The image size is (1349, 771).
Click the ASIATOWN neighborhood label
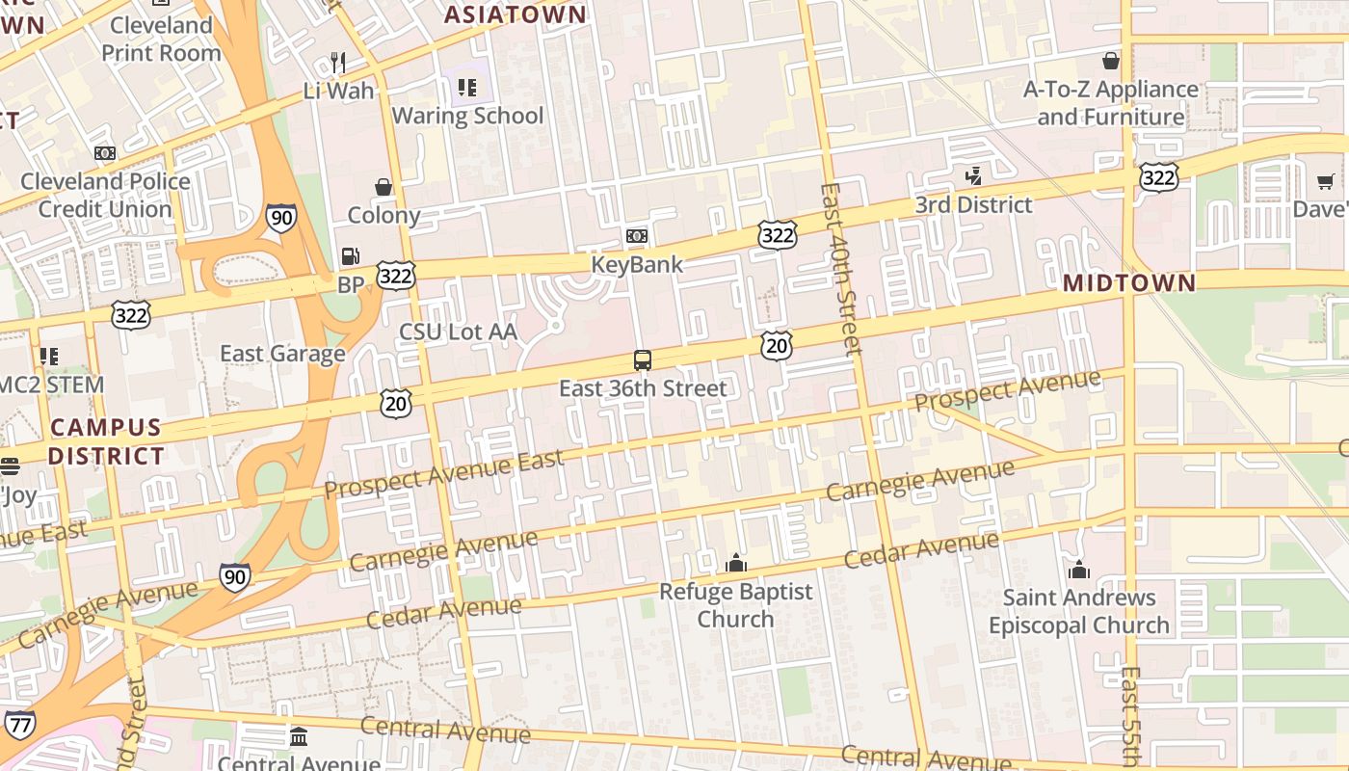pos(515,14)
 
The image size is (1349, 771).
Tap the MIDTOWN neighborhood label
pos(1129,283)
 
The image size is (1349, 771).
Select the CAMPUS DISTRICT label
pos(106,441)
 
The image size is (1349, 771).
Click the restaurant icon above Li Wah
pos(338,63)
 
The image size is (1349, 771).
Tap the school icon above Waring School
pos(467,88)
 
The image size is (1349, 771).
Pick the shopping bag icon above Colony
pos(384,187)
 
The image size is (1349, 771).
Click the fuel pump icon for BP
pos(351,256)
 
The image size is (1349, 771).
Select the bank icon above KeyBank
pos(636,236)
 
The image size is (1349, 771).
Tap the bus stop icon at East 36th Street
pos(643,360)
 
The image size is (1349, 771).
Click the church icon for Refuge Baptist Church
pos(736,563)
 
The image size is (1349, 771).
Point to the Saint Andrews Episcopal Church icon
pos(1079,570)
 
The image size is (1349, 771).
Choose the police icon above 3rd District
pos(974,176)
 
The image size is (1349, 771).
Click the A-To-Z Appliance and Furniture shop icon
pos(1111,61)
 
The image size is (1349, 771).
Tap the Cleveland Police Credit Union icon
pos(105,153)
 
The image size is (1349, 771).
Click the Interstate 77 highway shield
pos(19,724)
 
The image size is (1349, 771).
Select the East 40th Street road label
pos(838,270)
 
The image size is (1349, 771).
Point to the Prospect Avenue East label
pos(443,474)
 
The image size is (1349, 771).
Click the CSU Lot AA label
pos(458,332)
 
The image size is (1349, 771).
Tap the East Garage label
pos(282,354)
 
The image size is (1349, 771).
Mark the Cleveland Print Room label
pos(161,39)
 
